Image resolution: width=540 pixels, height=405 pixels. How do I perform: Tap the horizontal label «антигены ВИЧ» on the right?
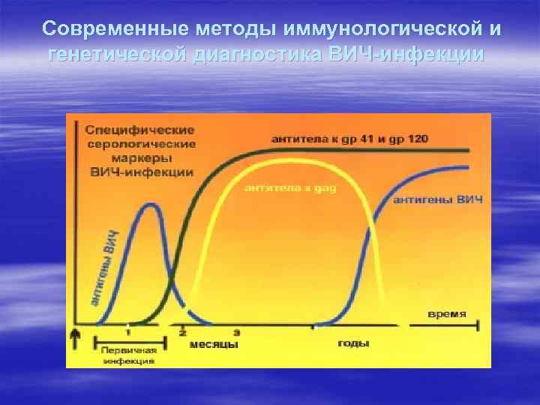(437, 199)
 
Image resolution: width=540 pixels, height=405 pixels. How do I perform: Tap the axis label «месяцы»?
(214, 344)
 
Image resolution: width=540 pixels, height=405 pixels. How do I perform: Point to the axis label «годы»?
(353, 343)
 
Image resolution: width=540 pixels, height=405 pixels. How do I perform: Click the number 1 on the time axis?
(127, 331)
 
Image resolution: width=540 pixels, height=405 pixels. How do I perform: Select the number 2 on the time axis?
(183, 331)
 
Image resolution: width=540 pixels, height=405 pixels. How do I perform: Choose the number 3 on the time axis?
(237, 331)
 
